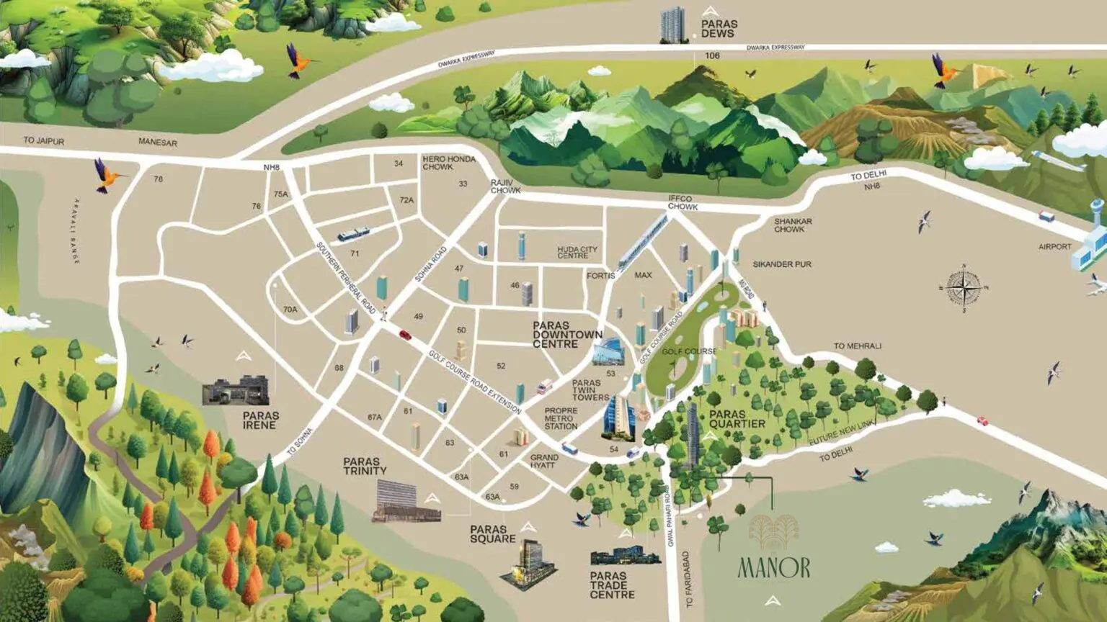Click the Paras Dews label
(x=719, y=29)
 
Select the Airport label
(x=1054, y=247)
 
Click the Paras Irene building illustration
(x=236, y=390)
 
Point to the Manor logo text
(x=774, y=568)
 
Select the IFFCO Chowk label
(x=682, y=202)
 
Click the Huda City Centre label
(x=577, y=252)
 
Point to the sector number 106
(x=712, y=55)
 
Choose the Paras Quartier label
(x=737, y=419)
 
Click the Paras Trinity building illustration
(x=406, y=501)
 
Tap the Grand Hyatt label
(x=544, y=461)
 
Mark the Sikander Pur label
(x=782, y=264)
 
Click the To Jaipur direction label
(x=43, y=140)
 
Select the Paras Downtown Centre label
(x=566, y=335)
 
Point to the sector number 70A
(x=290, y=310)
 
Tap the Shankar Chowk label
(x=793, y=225)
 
